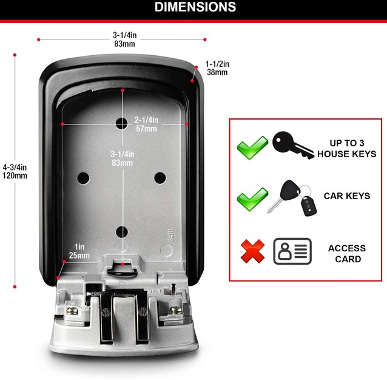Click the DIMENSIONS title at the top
click(195, 7)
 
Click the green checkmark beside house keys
click(252, 148)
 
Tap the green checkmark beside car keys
click(252, 199)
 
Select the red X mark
click(252, 251)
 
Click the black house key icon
click(293, 145)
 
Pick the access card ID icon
click(292, 251)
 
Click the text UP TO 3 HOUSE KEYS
click(347, 148)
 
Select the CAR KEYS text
click(347, 196)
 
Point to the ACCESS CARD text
click(347, 254)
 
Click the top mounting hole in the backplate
click(122, 123)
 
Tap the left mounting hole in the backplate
click(83, 178)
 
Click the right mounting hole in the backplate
click(160, 178)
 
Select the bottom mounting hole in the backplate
click(122, 232)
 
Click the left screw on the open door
click(72, 310)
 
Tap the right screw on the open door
click(176, 310)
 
